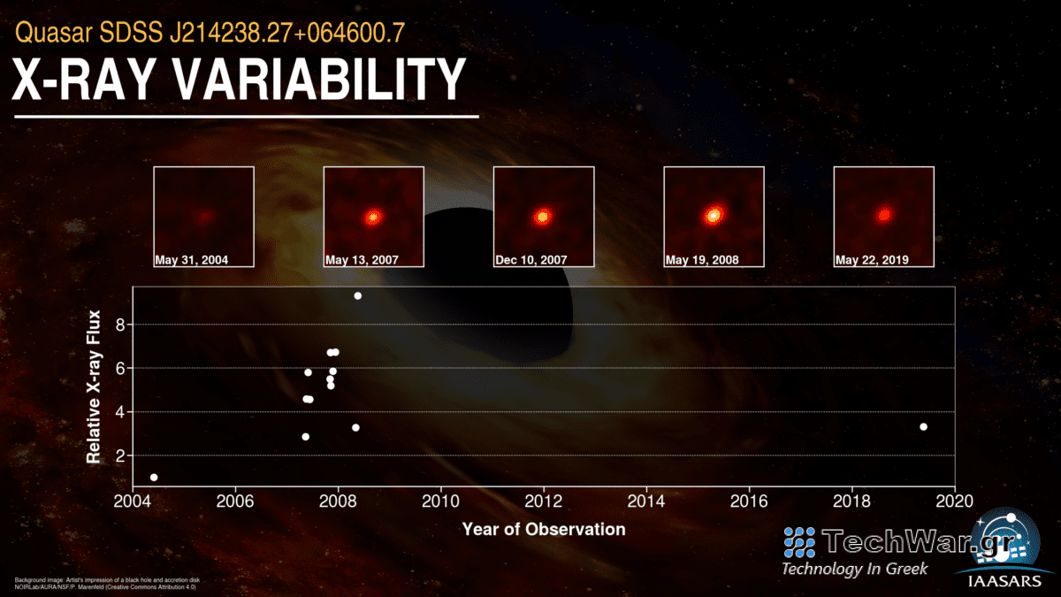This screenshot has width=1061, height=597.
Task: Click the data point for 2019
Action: [923, 426]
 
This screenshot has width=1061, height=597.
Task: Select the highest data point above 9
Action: [357, 295]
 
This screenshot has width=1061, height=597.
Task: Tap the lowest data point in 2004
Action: [154, 478]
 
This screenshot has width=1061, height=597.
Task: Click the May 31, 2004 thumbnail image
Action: [203, 216]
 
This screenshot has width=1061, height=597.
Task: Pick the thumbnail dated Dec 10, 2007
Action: [543, 216]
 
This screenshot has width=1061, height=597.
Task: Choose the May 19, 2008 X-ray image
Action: [714, 216]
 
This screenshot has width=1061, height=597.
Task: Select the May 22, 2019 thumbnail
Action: [883, 216]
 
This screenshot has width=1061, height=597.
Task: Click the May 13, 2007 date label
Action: [362, 261]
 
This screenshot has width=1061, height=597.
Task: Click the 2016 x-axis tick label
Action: [749, 500]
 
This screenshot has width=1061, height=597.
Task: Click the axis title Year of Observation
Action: [543, 530]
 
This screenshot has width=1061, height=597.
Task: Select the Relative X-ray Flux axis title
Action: [94, 387]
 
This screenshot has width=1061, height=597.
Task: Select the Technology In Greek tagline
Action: [854, 569]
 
